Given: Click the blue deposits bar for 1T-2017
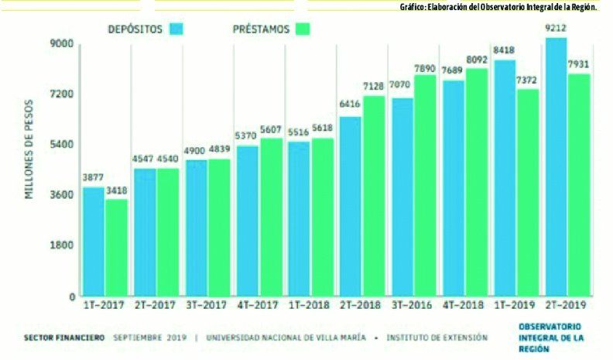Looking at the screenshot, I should tap(93, 241).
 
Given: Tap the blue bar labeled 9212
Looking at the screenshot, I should tap(555, 166).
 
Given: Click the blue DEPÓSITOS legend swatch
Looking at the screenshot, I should tap(178, 29).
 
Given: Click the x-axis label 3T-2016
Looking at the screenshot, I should tap(412, 306).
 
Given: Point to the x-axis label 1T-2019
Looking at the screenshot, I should tap(516, 306).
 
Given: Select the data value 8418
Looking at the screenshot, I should tap(504, 53).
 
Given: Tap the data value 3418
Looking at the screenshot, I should tap(116, 191).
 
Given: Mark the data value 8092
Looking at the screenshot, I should tap(477, 60).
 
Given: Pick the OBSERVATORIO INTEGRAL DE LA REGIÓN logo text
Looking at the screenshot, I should tap(550, 338).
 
